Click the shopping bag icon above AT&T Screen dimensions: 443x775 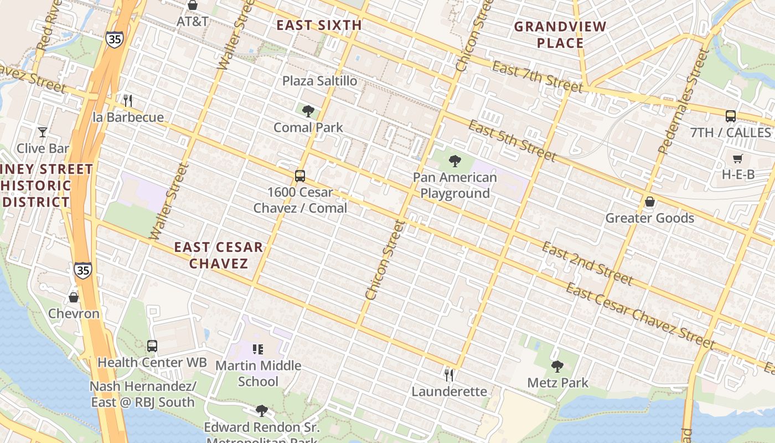193,6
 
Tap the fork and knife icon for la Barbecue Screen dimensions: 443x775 128,100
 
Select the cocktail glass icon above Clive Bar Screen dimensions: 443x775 42,132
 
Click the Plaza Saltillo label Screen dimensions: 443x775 319,81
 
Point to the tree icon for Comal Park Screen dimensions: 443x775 308,111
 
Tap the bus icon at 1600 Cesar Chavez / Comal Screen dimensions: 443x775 299,176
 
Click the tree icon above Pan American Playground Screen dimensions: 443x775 455,161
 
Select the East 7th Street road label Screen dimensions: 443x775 536,77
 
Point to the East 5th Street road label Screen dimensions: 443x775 512,140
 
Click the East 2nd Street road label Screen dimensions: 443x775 586,263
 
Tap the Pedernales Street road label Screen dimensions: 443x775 683,101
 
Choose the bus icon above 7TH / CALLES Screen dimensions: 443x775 731,116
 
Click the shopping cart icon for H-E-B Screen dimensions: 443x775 737,159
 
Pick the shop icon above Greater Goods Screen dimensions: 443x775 650,202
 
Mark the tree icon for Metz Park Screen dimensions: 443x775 557,366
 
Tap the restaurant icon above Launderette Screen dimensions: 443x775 449,375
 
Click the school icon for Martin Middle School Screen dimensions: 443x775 257,349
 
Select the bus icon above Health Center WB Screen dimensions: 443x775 152,346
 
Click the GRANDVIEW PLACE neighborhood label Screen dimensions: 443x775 560,34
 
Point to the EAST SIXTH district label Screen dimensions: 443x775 319,25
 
